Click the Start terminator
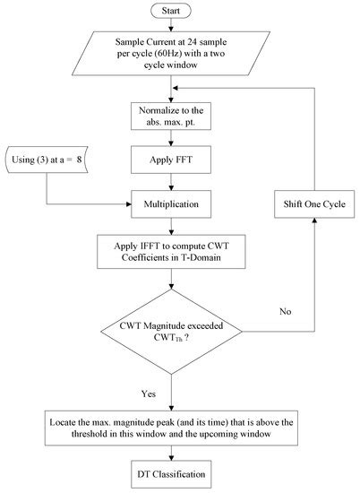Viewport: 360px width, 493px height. pos(171,11)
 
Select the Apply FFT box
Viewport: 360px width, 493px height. pos(171,160)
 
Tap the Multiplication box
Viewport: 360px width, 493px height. pos(171,204)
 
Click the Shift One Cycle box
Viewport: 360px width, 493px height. pos(314,204)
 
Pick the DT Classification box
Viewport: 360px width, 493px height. pos(171,474)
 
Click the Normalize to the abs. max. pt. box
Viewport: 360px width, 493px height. pos(171,116)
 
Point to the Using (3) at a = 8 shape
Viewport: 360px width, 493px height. pos(47,160)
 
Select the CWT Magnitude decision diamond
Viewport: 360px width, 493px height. pos(171,332)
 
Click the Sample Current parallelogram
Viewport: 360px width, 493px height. pos(171,53)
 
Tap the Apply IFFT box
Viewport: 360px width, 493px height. pos(171,252)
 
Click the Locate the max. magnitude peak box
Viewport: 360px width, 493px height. pos(171,428)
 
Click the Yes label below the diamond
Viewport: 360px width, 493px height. pos(149,394)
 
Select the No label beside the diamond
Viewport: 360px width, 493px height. pos(286,311)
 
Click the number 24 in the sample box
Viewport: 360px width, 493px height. pos(193,42)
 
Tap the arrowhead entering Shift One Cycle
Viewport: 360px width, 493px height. pos(314,221)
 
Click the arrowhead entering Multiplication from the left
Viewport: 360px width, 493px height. pos(128,204)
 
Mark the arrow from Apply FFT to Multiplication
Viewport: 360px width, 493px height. pos(171,182)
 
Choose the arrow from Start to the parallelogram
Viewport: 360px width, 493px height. pos(171,24)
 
